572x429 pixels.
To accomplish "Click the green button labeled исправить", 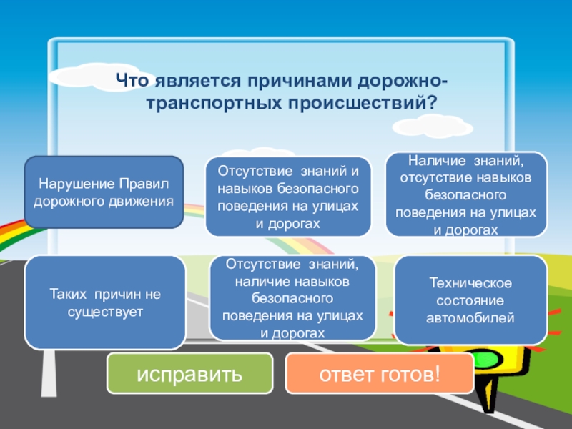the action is [189, 373].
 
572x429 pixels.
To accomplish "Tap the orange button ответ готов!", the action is [379, 373].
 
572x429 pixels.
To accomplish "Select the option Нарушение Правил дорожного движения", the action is [104, 192].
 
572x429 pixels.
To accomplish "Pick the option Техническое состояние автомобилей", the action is [470, 300].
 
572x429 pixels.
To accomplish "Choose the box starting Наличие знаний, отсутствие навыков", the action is [466, 194].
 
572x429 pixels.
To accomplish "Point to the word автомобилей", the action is [470, 317].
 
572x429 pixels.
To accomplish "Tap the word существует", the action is [106, 312].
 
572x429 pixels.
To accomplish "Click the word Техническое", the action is [470, 285].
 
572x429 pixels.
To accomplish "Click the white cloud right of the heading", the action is [432, 127].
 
